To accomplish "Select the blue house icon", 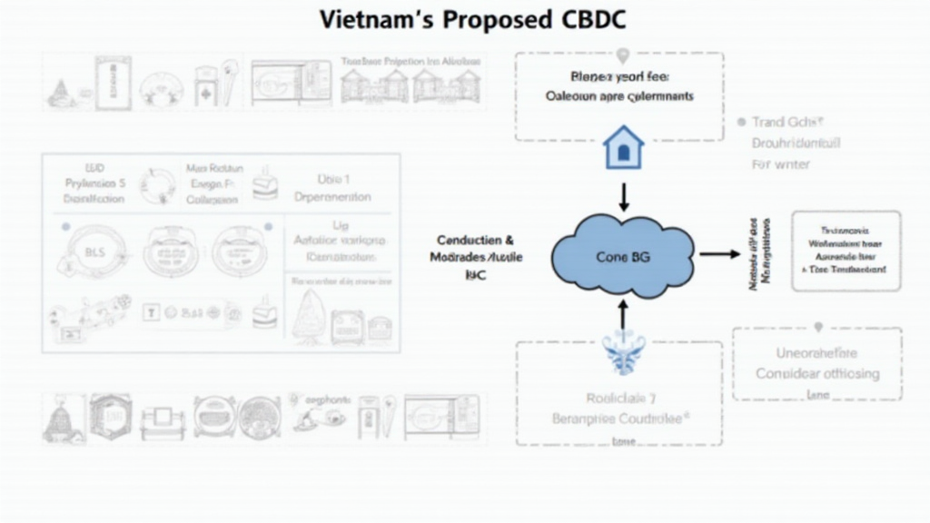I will point(623,147).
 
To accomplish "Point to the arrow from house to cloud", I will point(623,195).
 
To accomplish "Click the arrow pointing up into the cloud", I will point(623,313).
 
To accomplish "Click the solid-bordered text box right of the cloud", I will point(846,251).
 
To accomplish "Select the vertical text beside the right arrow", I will point(760,253).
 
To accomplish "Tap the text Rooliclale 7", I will point(618,397).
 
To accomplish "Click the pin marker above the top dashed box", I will point(620,57).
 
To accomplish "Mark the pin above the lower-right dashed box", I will point(817,327).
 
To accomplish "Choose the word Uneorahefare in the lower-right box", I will point(816,352).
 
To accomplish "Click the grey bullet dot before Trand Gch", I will point(742,121).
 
